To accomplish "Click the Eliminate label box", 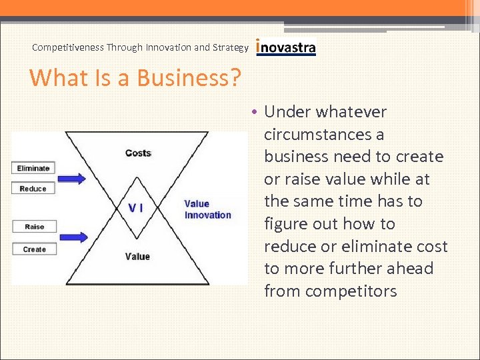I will [33, 168].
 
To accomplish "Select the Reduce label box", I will [33, 189].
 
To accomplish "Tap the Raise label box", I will [34, 227].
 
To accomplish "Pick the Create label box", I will [34, 249].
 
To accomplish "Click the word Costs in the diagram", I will [138, 153].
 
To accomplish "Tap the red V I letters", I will [135, 207].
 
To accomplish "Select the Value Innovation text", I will [207, 209].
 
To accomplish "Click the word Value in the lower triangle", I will [137, 256].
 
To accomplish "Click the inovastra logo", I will [285, 47].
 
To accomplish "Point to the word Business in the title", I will [180, 78].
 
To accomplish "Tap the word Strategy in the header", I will [231, 47].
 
